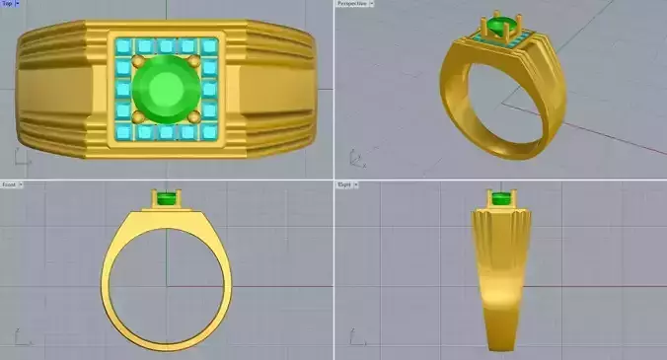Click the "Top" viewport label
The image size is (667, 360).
click(x=8, y=4)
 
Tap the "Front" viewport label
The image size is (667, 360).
click(x=9, y=184)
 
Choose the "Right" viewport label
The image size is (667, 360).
click(x=345, y=184)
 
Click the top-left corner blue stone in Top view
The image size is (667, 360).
click(x=122, y=46)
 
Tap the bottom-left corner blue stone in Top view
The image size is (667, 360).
click(x=122, y=132)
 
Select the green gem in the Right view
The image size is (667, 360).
click(x=503, y=200)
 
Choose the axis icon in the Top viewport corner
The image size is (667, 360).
click(x=19, y=158)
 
